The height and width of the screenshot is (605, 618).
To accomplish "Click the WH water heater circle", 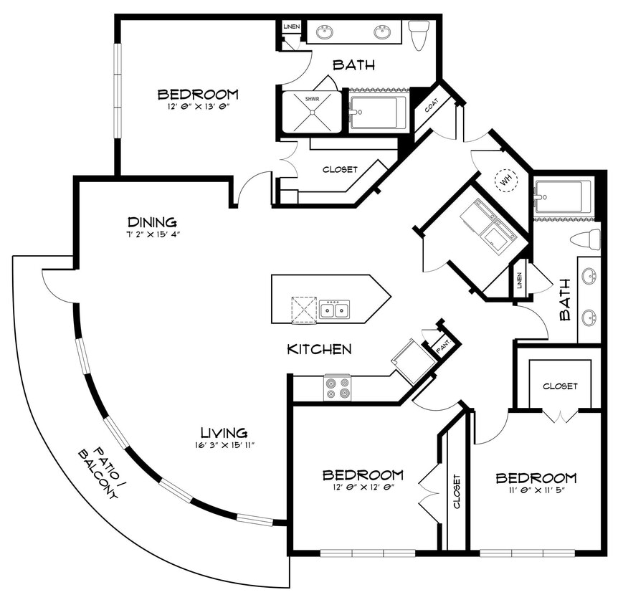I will pyautogui.click(x=507, y=179).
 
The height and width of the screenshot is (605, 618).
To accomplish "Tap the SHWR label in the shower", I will pyautogui.click(x=312, y=99).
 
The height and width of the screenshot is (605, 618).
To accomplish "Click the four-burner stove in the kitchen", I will pyautogui.click(x=338, y=388).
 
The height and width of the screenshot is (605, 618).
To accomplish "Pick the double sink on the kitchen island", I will pyautogui.click(x=334, y=310).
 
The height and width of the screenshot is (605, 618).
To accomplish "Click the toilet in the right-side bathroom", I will pyautogui.click(x=585, y=239).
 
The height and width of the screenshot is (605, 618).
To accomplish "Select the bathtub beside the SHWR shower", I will pyautogui.click(x=379, y=112).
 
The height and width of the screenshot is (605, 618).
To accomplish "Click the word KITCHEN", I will pyautogui.click(x=319, y=350).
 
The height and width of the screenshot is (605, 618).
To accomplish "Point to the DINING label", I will pyautogui.click(x=152, y=222).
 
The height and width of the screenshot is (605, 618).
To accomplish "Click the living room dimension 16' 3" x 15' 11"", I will pyautogui.click(x=224, y=445).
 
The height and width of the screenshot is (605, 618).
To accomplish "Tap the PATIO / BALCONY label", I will pyautogui.click(x=96, y=474).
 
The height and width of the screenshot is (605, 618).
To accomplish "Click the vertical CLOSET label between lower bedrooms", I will pyautogui.click(x=457, y=492).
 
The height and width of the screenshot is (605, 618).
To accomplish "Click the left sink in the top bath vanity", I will pyautogui.click(x=325, y=31).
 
